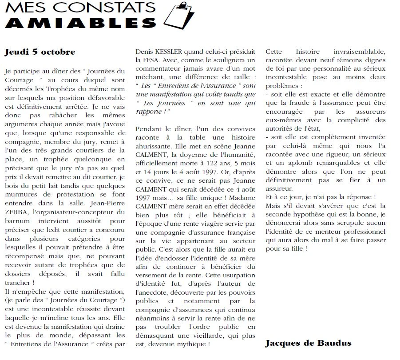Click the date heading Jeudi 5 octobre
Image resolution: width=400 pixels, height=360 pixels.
pyautogui.click(x=40, y=52)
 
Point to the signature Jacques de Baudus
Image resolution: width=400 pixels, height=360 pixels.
pyautogui.click(x=309, y=343)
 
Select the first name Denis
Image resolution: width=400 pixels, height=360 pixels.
pyautogui.click(x=144, y=52)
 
